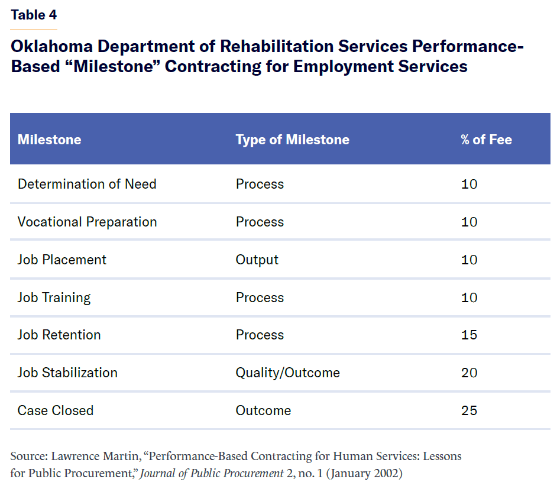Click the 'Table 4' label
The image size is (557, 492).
click(x=34, y=15)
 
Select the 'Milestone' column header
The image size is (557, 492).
click(x=49, y=140)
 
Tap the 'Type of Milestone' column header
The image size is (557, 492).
click(x=292, y=140)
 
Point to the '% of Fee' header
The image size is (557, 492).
click(x=486, y=140)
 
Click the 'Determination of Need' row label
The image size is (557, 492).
click(x=87, y=184)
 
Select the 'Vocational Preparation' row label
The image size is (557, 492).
click(x=87, y=222)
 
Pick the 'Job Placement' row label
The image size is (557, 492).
click(x=62, y=260)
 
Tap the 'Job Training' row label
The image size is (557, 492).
click(x=54, y=297)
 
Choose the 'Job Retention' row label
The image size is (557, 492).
click(x=59, y=335)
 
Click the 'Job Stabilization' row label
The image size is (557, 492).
click(x=67, y=373)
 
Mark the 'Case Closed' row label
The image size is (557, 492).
click(x=56, y=410)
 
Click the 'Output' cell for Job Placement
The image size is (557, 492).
click(x=257, y=260)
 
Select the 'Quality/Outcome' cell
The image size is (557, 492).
click(x=287, y=373)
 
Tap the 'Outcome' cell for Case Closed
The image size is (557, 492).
click(x=263, y=410)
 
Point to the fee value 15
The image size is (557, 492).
click(x=469, y=335)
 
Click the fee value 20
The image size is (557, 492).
click(x=469, y=373)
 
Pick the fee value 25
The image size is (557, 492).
click(x=469, y=410)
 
